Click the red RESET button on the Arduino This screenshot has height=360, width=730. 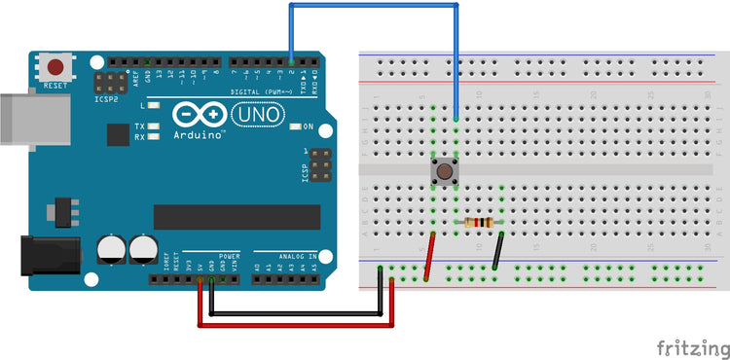click(56, 68)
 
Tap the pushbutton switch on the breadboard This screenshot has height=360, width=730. click(445, 172)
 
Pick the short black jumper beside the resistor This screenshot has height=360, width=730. click(498, 250)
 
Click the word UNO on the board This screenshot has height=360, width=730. click(257, 115)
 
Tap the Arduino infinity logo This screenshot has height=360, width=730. click(200, 115)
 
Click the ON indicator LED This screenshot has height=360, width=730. click(293, 126)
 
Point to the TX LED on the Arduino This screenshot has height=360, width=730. click(153, 126)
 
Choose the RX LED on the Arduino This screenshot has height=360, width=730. click(153, 137)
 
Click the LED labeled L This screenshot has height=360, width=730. click(153, 104)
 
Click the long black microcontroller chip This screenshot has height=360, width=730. click(237, 217)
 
